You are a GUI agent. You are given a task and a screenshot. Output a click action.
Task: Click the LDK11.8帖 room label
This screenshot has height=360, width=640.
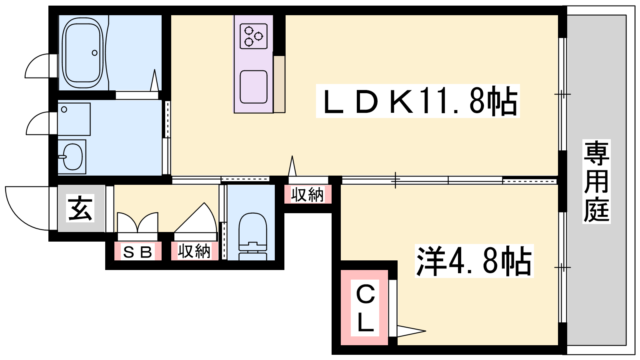[x=418, y=101]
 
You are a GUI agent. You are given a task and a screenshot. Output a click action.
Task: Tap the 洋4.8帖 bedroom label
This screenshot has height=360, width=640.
[x=474, y=260]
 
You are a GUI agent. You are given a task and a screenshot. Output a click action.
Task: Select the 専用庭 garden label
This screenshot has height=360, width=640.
[x=596, y=181]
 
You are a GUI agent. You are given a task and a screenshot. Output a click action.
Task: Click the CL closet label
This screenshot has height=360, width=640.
[x=366, y=308]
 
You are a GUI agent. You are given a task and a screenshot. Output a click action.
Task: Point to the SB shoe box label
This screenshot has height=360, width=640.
[x=138, y=252]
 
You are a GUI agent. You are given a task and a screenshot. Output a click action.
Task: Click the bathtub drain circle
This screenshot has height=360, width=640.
[x=94, y=53]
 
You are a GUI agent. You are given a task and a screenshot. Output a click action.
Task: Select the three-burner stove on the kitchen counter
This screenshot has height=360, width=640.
[x=254, y=36]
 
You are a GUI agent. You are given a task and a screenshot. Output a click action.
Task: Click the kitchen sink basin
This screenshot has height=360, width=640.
[x=254, y=87]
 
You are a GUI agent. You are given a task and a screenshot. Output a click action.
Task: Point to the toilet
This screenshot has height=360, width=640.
[x=252, y=236]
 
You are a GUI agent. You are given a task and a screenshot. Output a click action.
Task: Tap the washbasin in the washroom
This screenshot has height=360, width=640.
[x=72, y=156]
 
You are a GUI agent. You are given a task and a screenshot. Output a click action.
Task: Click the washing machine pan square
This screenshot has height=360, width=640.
[x=74, y=119]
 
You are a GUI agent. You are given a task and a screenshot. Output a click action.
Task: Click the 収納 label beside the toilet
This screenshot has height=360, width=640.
[x=194, y=252]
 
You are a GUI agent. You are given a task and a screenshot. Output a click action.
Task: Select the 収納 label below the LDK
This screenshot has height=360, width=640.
[x=308, y=194]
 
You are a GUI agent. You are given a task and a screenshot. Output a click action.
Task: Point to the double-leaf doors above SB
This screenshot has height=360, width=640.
[x=138, y=223]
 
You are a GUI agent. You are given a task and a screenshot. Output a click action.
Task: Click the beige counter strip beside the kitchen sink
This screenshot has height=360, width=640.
[x=280, y=84]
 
